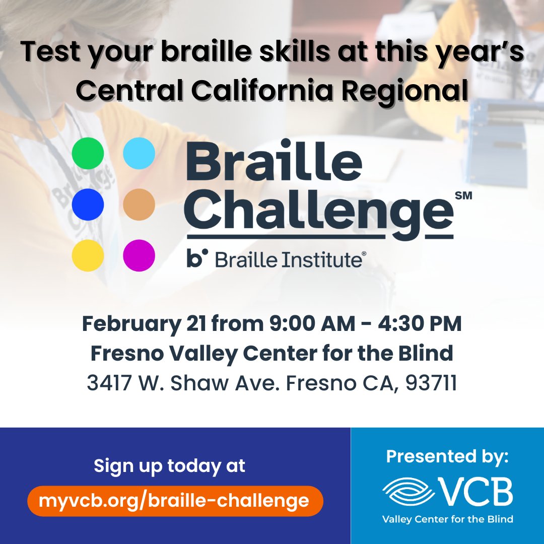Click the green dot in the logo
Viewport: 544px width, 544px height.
tap(88, 153)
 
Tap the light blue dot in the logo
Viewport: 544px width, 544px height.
tap(139, 153)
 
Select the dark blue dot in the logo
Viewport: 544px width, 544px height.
tap(88, 205)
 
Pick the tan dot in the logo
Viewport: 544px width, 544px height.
tap(139, 205)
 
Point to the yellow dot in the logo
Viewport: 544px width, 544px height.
tap(88, 256)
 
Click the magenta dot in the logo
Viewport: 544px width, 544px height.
tap(139, 256)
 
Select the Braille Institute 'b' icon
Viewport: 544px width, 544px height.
tap(197, 259)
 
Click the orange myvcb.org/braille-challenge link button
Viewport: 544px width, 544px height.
tap(175, 501)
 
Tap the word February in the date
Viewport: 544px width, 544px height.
tap(130, 324)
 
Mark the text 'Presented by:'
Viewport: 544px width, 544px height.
tap(447, 457)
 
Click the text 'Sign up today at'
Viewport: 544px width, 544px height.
tap(170, 465)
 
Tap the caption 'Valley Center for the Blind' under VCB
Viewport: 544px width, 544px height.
tap(447, 519)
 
